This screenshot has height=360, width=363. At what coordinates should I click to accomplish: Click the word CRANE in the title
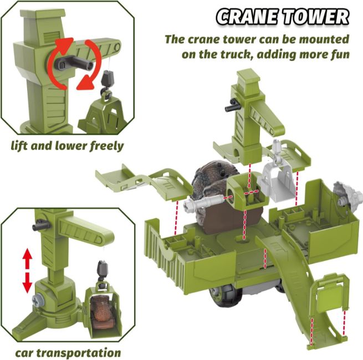(247, 17)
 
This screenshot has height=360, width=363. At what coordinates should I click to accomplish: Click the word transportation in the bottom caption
(79, 353)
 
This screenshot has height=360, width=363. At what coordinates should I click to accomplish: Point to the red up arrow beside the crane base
(28, 258)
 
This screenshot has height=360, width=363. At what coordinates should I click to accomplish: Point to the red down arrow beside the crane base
(28, 282)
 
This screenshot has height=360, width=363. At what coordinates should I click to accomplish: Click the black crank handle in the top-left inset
(74, 63)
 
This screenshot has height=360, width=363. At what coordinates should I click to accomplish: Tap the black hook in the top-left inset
(107, 83)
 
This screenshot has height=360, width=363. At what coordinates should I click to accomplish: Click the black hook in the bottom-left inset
(103, 274)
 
